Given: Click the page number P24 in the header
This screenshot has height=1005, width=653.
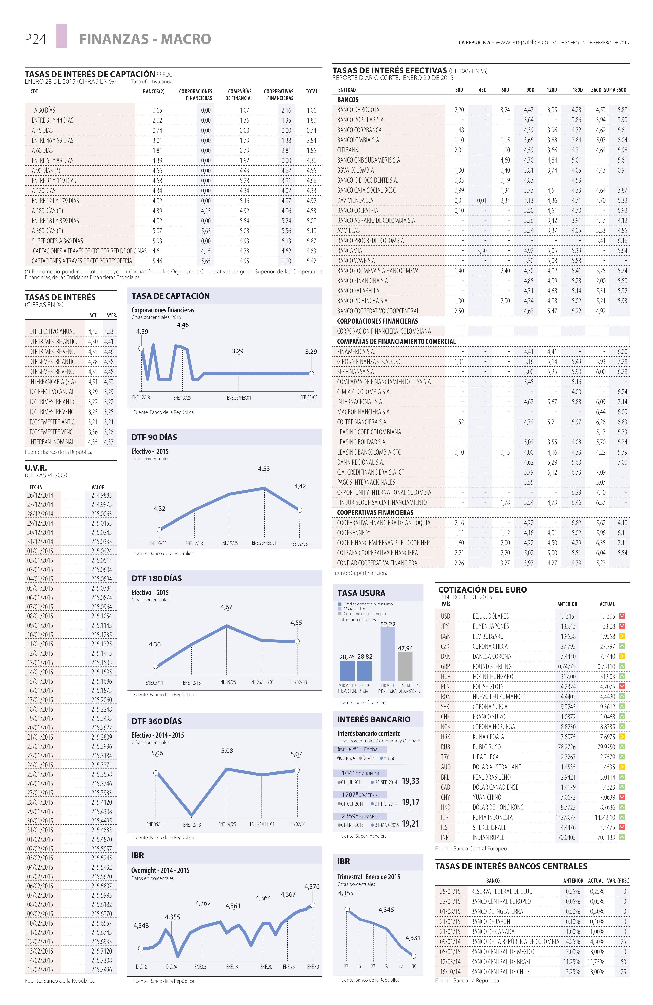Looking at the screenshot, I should click(x=35, y=39).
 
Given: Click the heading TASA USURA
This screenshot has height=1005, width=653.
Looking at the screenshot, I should click(x=361, y=593).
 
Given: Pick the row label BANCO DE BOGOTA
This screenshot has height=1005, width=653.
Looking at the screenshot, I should click(x=358, y=110).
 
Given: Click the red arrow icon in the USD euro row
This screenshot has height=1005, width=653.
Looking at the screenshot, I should click(x=622, y=616).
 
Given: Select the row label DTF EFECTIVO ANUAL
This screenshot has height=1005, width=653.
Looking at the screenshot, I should click(x=52, y=331).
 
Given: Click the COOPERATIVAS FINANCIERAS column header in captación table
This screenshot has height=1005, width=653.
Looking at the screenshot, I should click(x=279, y=95).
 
